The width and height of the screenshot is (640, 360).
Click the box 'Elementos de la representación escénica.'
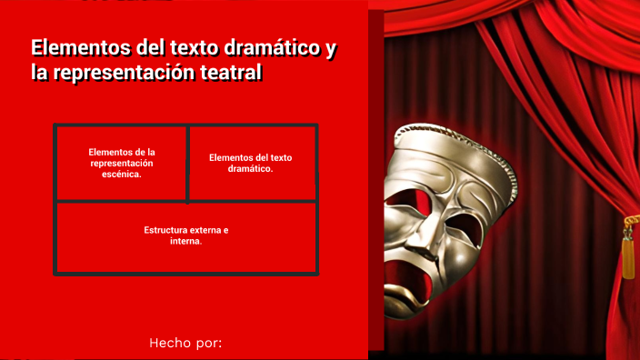(x=122, y=163)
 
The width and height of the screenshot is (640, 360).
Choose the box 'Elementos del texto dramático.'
(x=251, y=163)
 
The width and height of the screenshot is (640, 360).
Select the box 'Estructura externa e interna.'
(x=186, y=236)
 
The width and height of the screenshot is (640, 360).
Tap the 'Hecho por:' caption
(x=185, y=343)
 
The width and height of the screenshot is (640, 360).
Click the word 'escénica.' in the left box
(x=122, y=174)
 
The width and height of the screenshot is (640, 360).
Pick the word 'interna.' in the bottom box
(x=186, y=242)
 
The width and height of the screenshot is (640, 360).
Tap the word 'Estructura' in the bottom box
(x=167, y=230)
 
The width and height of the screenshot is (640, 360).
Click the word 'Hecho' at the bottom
(x=168, y=343)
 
